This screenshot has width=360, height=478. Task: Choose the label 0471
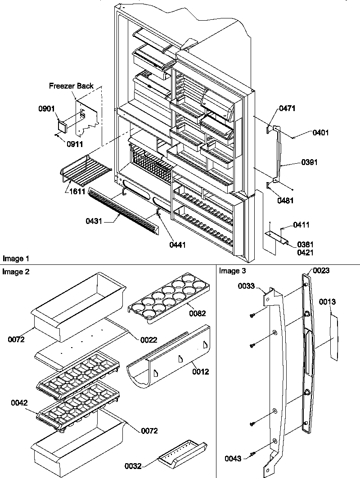(288, 108)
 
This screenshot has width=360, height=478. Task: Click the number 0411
(301, 224)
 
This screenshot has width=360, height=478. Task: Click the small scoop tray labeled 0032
(182, 455)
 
